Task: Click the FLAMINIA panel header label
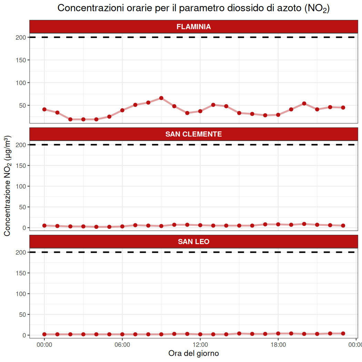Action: (193, 27)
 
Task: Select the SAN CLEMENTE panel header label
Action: (193, 134)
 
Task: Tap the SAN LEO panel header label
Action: (193, 242)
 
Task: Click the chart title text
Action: (193, 8)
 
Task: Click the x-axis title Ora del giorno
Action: (193, 353)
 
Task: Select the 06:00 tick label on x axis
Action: (122, 344)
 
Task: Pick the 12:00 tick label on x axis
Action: (200, 344)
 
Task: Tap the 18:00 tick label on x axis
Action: (278, 344)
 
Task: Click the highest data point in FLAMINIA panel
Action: (161, 98)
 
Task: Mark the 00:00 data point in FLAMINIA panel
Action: (44, 109)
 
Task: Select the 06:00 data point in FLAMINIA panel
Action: (122, 110)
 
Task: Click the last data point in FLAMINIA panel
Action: (343, 108)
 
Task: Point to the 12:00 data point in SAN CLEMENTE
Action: (200, 225)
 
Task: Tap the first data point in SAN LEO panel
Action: (44, 334)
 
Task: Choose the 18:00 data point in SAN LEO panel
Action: (278, 333)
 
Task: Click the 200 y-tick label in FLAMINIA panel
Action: (21, 38)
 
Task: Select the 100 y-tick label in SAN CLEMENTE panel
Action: (21, 186)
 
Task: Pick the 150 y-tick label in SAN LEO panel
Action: (21, 273)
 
